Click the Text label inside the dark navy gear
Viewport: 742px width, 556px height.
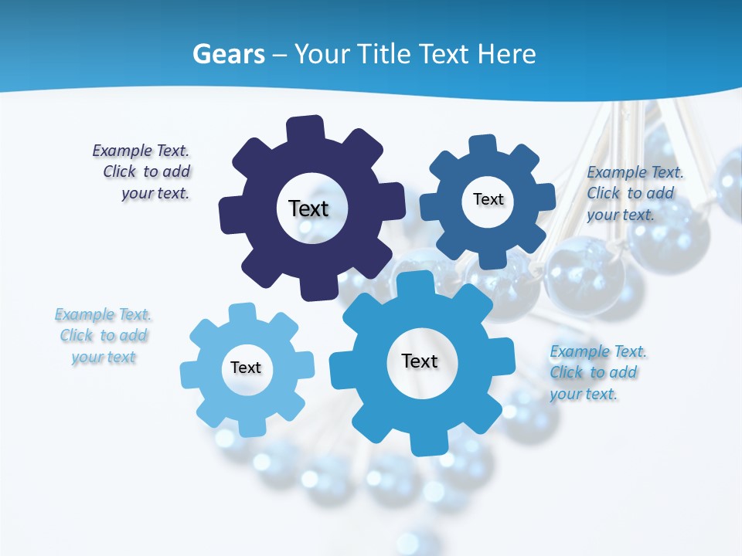click(x=308, y=208)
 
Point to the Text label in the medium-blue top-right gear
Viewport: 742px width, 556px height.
click(x=488, y=199)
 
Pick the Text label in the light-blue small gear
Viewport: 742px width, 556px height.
click(x=246, y=368)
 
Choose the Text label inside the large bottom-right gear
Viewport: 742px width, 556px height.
click(x=420, y=361)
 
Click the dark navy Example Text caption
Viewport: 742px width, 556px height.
click(x=141, y=172)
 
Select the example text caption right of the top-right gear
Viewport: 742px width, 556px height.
click(x=635, y=194)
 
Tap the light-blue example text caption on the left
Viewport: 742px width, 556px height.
click(x=104, y=336)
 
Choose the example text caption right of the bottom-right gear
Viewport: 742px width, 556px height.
click(x=597, y=373)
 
